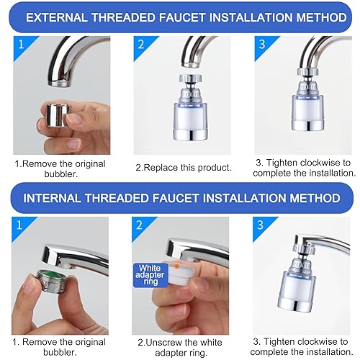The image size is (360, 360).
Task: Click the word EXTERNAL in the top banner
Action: click(57, 17)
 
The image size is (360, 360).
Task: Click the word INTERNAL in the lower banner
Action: click(52, 198)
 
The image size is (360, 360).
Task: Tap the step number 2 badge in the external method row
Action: click(141, 45)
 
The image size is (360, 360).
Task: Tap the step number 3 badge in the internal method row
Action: click(261, 225)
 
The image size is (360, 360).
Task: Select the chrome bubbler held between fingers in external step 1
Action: click(58, 114)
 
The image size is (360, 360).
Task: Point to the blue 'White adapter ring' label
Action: click(150, 275)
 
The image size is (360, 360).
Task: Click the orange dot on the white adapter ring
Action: click(176, 266)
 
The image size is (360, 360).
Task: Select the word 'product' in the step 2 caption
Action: click(214, 168)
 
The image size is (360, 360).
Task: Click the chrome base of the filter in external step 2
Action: click(190, 135)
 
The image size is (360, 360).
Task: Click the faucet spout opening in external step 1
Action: click(60, 84)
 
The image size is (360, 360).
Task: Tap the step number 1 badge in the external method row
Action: click(21, 45)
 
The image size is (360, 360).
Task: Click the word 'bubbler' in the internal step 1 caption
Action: click(59, 352)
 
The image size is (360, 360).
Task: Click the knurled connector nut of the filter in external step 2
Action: click(191, 78)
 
